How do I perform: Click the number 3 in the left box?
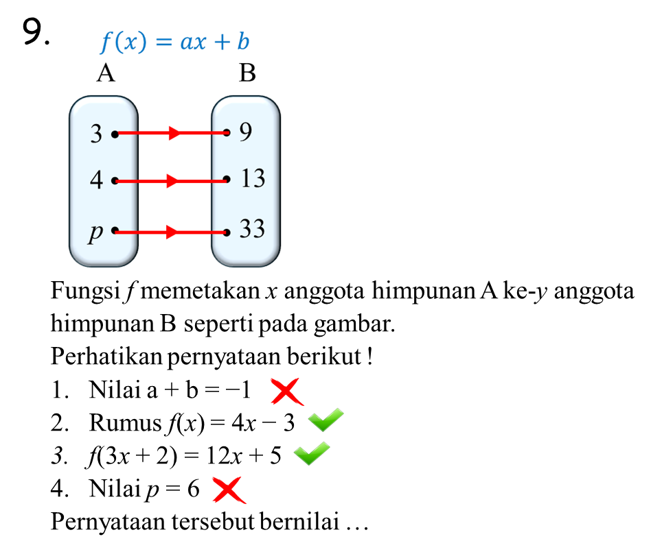click(x=96, y=134)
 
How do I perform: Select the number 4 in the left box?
click(x=96, y=180)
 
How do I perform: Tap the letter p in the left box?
click(x=95, y=233)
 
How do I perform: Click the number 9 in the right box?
click(x=246, y=132)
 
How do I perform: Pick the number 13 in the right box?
click(x=252, y=178)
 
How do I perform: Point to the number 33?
click(x=252, y=228)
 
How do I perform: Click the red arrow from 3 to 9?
click(x=172, y=133)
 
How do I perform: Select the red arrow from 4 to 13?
click(x=172, y=181)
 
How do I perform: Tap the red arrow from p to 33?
click(x=172, y=232)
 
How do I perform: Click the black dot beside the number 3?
click(x=115, y=134)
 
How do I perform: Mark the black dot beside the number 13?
click(x=227, y=180)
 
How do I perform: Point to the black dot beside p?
click(x=115, y=231)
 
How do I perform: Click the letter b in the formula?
click(x=242, y=42)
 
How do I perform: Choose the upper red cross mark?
click(x=286, y=392)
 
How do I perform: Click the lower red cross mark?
click(x=229, y=490)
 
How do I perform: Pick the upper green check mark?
click(x=325, y=419)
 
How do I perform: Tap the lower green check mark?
click(x=311, y=453)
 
